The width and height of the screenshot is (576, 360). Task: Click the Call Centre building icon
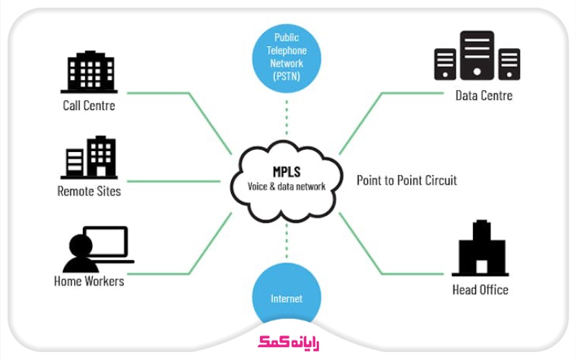coord(89,72)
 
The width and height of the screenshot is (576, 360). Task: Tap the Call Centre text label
coord(89,106)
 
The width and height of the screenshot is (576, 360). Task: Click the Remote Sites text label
coord(89,192)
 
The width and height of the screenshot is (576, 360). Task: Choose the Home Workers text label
coord(89,282)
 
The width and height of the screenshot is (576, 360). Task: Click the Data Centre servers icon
coord(477,56)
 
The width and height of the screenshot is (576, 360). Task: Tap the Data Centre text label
coord(484,95)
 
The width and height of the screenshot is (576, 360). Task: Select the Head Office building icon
coord(479,248)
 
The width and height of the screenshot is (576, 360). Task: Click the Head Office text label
coord(480,289)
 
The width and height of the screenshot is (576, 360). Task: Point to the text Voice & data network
coord(287,186)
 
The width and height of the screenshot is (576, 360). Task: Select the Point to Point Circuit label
coord(407,180)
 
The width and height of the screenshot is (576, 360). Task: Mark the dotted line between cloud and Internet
coord(287,241)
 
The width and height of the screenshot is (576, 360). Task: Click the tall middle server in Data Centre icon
coord(477,55)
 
